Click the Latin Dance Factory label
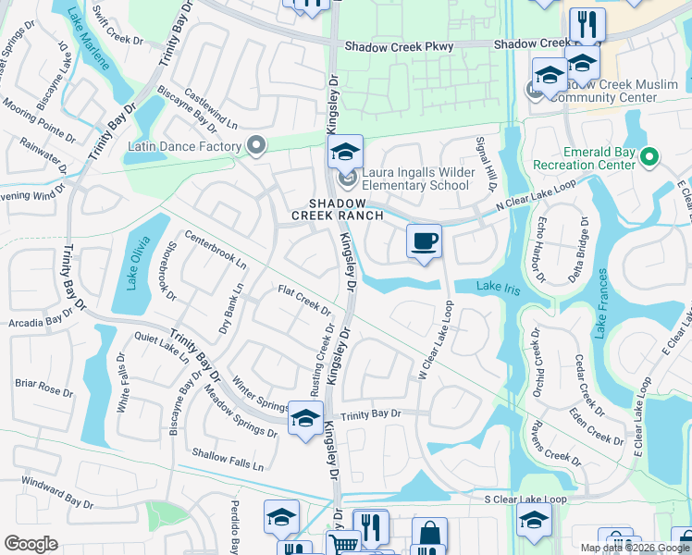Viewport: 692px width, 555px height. click(x=183, y=146)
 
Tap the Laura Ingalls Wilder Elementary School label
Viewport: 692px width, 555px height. click(x=428, y=179)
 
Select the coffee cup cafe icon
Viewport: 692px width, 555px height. click(x=424, y=242)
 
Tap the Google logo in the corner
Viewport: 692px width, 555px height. click(x=31, y=544)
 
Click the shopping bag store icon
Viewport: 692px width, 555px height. click(x=428, y=534)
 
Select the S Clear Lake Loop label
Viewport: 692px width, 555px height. click(x=525, y=499)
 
